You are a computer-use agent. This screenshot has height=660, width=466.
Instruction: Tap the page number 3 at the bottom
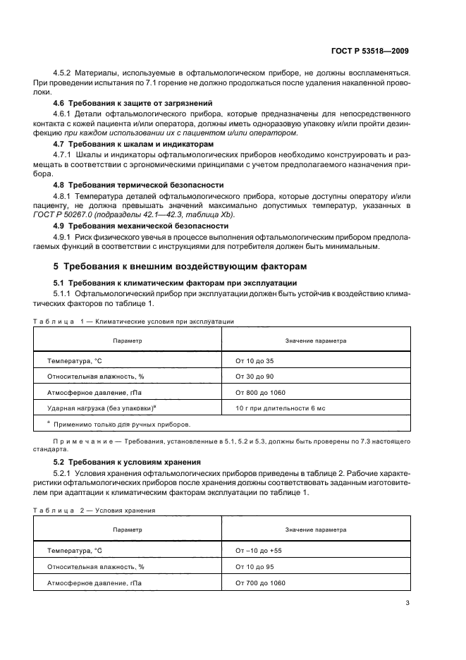pyautogui.click(x=407, y=602)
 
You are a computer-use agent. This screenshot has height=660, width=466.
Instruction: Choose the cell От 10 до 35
pyautogui.click(x=255, y=360)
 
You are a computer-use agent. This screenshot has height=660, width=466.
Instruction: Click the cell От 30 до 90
pyautogui.click(x=255, y=377)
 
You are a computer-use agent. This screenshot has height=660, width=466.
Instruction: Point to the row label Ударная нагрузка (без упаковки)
pyautogui.click(x=100, y=408)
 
